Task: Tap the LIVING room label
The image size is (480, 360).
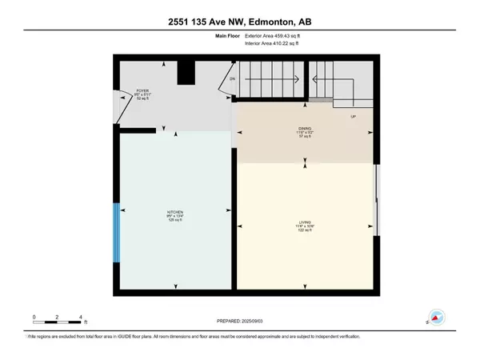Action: coord(302,226)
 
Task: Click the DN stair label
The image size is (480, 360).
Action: coord(233,79)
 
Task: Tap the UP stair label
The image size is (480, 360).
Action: coord(352,117)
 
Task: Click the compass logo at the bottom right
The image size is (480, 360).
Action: coord(437,318)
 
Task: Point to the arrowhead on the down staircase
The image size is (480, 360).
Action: coord(298,78)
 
